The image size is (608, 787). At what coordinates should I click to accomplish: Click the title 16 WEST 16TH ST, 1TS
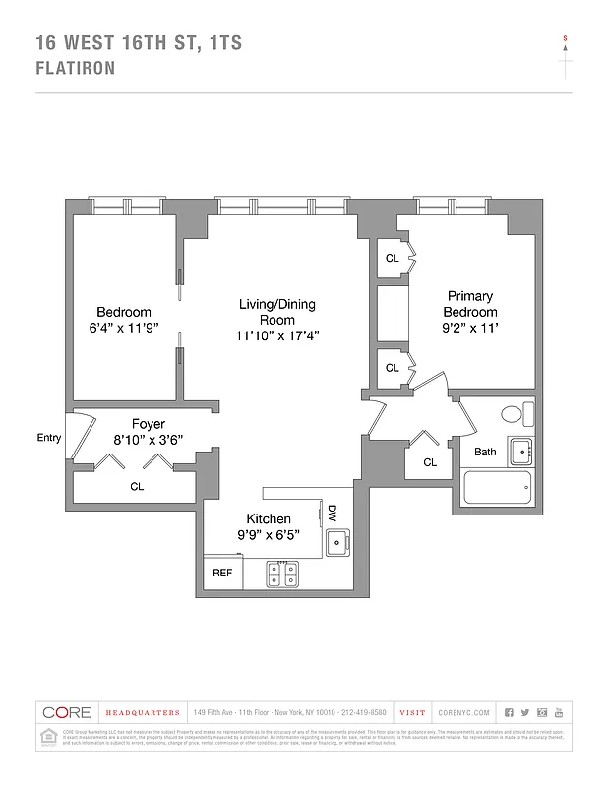(x=139, y=43)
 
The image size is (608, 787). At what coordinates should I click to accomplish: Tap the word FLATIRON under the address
(x=76, y=69)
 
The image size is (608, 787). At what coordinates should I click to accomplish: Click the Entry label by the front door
(x=48, y=439)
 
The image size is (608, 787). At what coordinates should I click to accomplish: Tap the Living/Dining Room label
(x=277, y=312)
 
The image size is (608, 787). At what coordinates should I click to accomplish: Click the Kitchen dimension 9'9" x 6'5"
(x=268, y=535)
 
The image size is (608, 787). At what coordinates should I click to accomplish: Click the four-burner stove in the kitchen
(x=284, y=573)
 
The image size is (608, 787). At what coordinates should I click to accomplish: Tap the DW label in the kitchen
(x=333, y=513)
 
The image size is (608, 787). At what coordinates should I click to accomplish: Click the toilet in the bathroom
(x=517, y=414)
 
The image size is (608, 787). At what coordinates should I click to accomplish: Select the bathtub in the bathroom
(x=499, y=487)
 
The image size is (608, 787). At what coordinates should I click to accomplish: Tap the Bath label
(x=485, y=452)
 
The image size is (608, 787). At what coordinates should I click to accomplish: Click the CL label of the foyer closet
(x=137, y=486)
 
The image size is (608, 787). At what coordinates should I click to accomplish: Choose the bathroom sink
(x=520, y=452)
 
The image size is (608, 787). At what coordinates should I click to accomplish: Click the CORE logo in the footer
(x=68, y=712)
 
